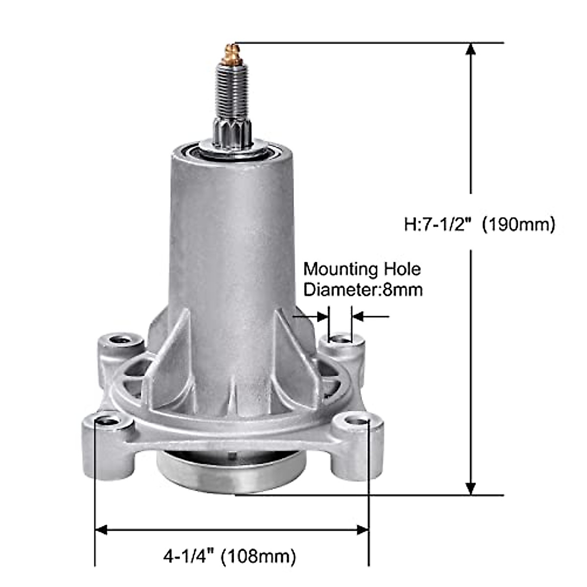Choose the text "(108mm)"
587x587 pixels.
pyautogui.click(x=258, y=556)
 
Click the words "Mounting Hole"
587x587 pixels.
pyautogui.click(x=362, y=269)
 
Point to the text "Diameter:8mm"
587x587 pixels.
pyautogui.click(x=363, y=290)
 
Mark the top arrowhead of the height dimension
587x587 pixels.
pyautogui.click(x=471, y=49)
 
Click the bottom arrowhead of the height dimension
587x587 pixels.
pyautogui.click(x=471, y=488)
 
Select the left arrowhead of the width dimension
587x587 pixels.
pyautogui.click(x=101, y=530)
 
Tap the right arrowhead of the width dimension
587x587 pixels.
pyautogui.click(x=362, y=530)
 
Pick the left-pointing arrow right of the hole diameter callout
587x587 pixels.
pyautogui.click(x=358, y=316)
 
